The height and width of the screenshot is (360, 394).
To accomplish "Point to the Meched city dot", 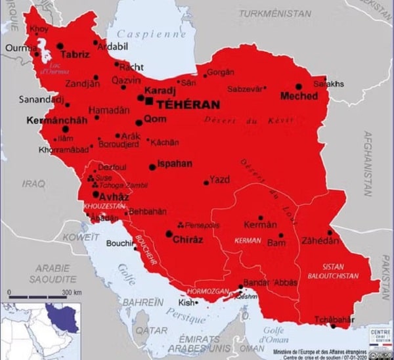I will (x=299, y=86).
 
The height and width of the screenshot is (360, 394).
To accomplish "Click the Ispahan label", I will (x=175, y=164).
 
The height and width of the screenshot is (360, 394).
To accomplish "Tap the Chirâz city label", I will (x=187, y=240).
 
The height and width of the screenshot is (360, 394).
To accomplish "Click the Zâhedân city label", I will (x=320, y=241).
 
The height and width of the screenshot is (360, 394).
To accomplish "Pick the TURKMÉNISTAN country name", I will (x=274, y=13).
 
